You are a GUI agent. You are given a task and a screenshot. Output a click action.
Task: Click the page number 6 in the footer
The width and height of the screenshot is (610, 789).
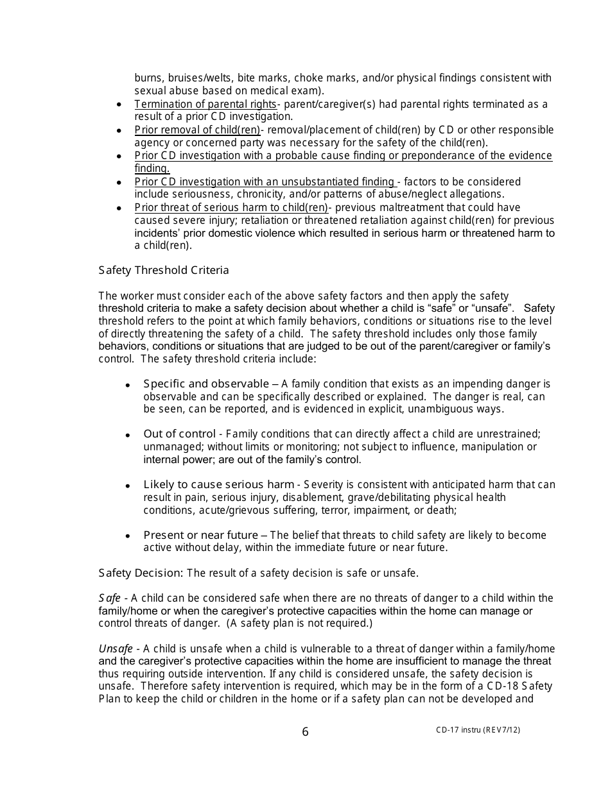[x=305, y=732]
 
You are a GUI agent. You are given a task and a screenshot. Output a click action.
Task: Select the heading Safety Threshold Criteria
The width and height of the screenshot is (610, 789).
[x=164, y=270]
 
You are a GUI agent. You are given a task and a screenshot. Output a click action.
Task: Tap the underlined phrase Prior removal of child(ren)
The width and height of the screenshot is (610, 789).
[x=197, y=130]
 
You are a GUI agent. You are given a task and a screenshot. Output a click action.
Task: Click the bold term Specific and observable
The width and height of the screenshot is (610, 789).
[x=206, y=384]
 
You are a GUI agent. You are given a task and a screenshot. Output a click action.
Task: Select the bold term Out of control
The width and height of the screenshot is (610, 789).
[x=179, y=434]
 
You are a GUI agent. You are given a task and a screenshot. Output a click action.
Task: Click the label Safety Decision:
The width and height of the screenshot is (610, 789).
[x=141, y=573]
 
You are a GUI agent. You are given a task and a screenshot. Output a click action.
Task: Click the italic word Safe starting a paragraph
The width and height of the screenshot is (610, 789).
[x=109, y=598]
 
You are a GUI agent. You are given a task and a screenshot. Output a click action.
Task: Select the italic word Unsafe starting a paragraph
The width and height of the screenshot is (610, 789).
[x=116, y=649]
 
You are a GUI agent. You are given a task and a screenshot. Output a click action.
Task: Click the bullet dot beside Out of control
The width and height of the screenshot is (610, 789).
[x=128, y=436]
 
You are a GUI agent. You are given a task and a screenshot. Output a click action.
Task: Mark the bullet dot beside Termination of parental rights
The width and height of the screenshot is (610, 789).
[x=119, y=105]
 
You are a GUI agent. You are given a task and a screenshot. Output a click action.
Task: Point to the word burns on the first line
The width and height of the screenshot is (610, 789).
[x=146, y=78]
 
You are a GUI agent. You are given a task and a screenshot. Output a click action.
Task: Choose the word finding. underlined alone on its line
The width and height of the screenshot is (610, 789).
[x=152, y=169]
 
